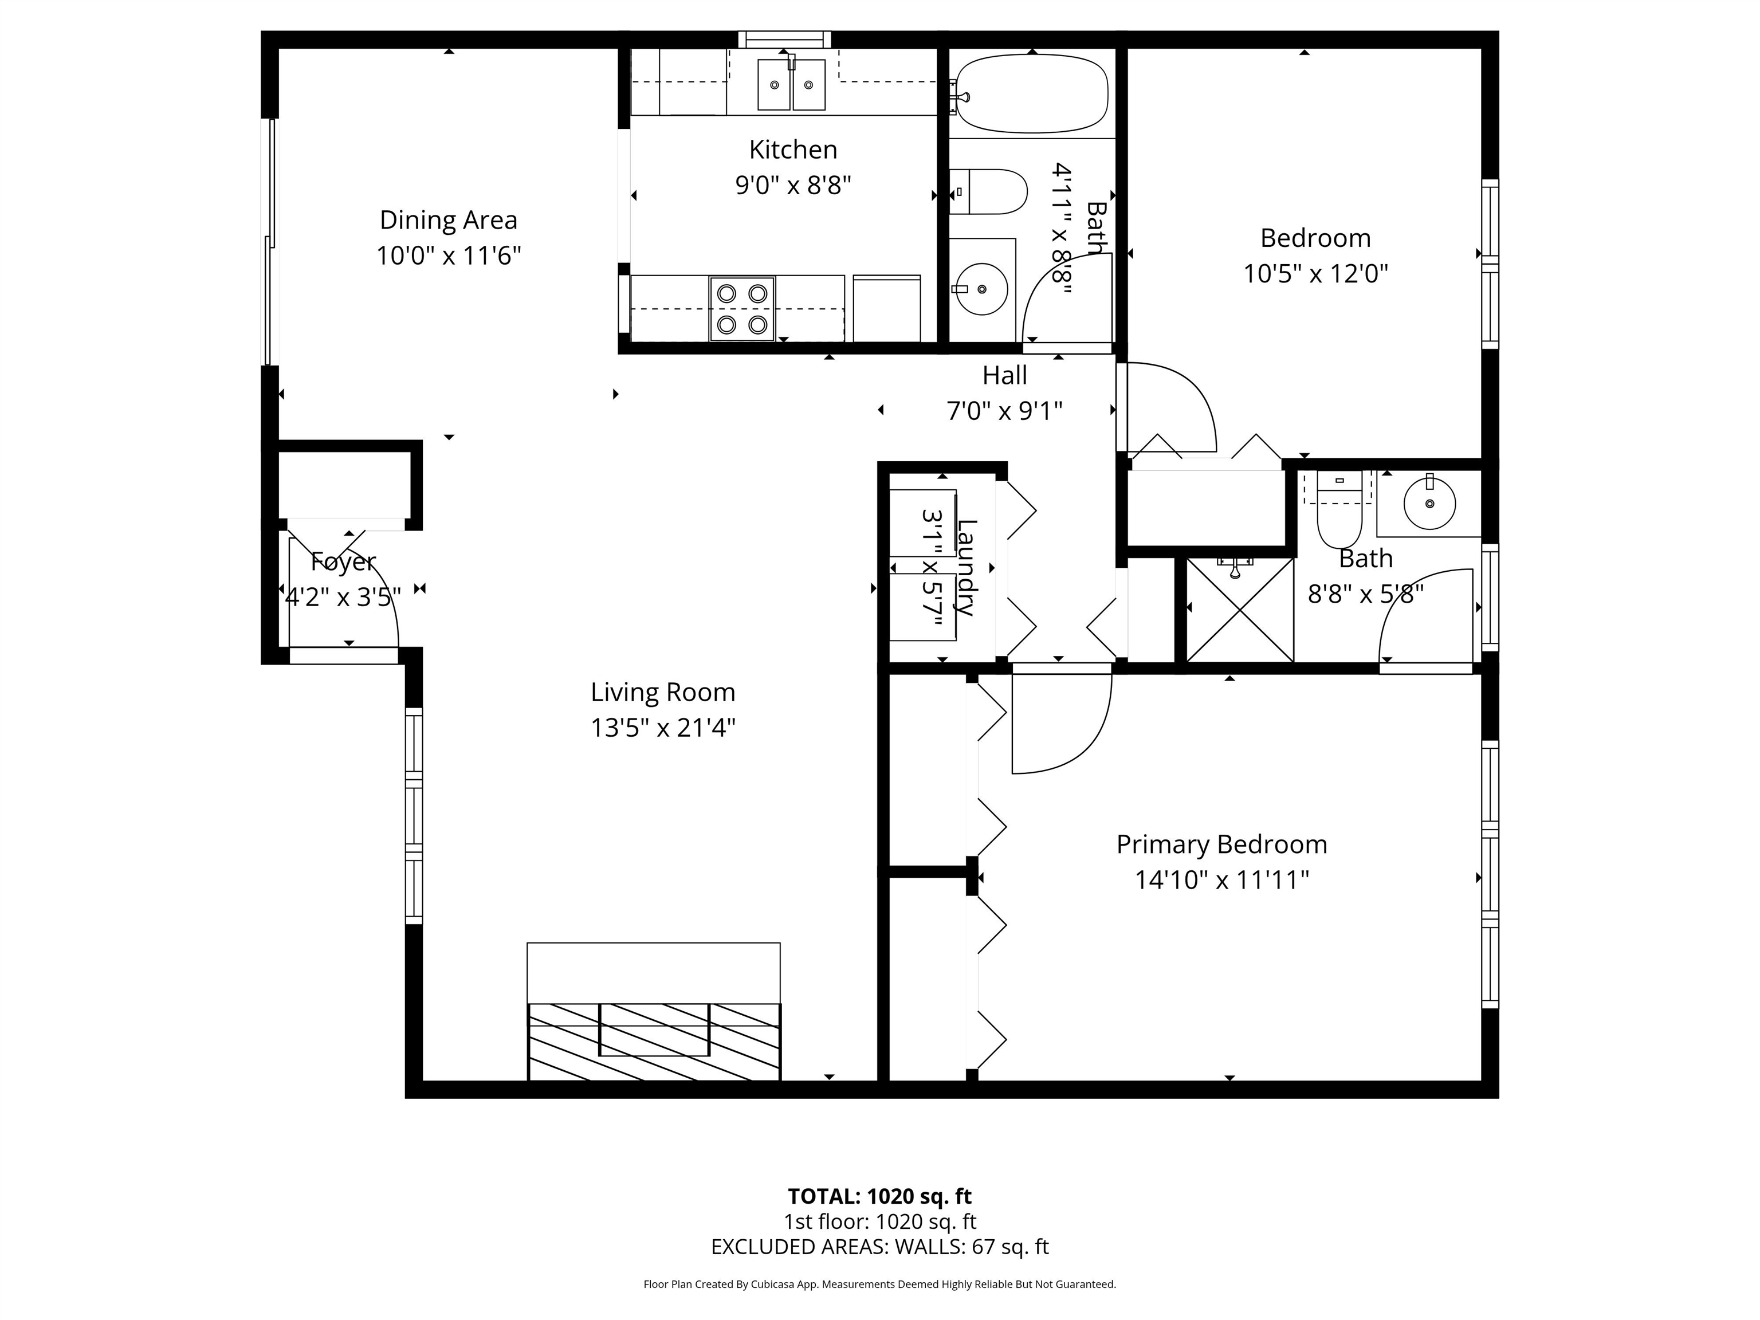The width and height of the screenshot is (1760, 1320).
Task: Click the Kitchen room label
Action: (x=792, y=150)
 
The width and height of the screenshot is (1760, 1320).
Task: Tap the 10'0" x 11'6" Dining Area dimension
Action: (x=448, y=256)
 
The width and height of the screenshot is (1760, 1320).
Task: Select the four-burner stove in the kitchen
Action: (x=741, y=309)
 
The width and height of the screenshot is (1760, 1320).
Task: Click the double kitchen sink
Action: (x=791, y=84)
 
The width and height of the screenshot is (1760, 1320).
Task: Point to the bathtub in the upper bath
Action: (x=1032, y=94)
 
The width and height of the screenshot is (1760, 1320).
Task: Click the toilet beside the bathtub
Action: (x=987, y=192)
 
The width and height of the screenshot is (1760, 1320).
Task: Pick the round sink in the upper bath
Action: (x=981, y=289)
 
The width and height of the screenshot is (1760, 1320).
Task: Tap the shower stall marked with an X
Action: (x=1239, y=610)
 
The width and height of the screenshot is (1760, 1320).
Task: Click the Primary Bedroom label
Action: (x=1221, y=844)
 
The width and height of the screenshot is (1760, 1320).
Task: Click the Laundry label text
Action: (x=966, y=567)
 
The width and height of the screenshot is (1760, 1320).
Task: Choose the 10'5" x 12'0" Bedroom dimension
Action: (x=1315, y=274)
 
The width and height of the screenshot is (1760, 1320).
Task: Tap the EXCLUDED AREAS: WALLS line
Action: (x=879, y=1247)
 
